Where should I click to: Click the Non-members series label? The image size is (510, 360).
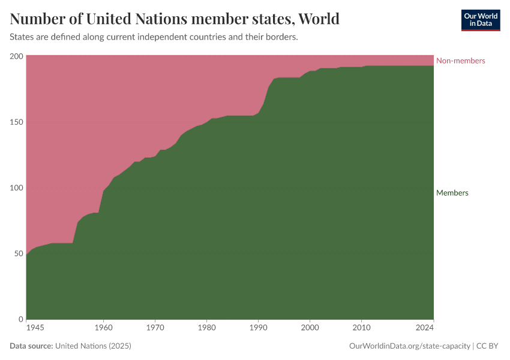point(460,61)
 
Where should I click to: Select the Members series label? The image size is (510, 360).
point(452,193)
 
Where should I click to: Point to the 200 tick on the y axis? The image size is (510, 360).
point(16,56)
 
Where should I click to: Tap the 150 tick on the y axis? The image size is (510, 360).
point(16,122)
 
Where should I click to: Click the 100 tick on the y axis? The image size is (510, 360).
point(16,188)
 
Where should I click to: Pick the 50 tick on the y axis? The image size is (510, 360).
point(18,253)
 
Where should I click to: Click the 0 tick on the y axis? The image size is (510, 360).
point(20,319)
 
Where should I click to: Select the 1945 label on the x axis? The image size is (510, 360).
point(35,328)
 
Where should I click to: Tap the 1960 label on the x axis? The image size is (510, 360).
point(103,328)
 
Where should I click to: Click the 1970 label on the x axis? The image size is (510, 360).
point(155,328)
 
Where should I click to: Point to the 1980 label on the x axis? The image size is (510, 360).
point(206,328)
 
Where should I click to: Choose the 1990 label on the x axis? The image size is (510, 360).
point(258,328)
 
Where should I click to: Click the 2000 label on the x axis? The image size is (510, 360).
point(310,328)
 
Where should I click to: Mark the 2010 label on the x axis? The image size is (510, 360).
point(361,328)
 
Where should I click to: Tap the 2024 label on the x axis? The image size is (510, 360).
point(424,328)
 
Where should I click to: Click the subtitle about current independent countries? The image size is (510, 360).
point(154,37)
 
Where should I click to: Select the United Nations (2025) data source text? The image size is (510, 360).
point(93,346)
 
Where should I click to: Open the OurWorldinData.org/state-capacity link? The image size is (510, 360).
point(409,346)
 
